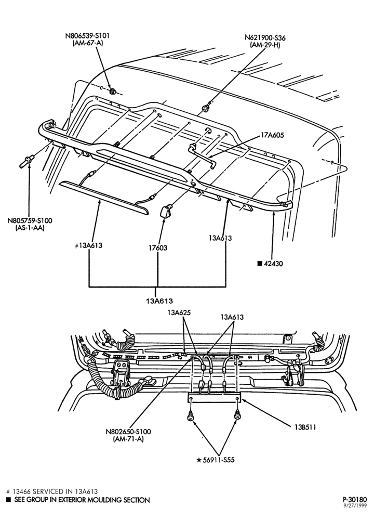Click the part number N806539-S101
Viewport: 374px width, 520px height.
click(87, 35)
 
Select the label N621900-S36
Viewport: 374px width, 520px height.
click(265, 38)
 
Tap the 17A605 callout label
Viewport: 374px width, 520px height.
click(272, 135)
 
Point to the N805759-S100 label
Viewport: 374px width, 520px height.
click(30, 220)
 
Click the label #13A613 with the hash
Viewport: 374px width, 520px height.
click(88, 246)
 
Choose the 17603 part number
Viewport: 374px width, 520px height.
click(158, 248)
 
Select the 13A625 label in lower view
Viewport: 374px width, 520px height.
click(179, 313)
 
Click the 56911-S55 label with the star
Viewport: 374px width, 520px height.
click(216, 460)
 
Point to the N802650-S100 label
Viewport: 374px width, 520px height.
click(128, 432)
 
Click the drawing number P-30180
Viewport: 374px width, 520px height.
click(355, 499)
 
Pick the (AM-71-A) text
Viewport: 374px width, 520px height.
click(128, 439)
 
